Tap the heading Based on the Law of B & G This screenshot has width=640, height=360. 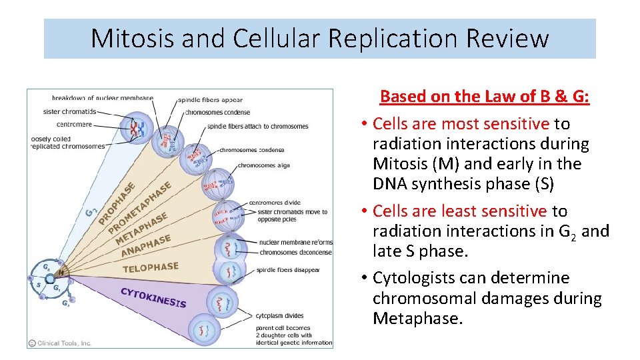pyautogui.click(x=485, y=97)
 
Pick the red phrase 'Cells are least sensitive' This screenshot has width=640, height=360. pyautogui.click(x=460, y=211)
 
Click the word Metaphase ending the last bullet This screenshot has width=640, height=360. pyautogui.click(x=417, y=319)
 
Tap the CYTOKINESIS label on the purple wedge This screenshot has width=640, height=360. pyautogui.click(x=153, y=297)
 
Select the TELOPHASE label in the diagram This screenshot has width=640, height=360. pyautogui.click(x=151, y=268)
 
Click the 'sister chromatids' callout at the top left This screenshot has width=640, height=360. pyautogui.click(x=69, y=111)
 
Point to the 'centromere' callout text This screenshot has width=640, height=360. pyautogui.click(x=74, y=124)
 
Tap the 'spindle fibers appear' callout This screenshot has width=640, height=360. pyautogui.click(x=209, y=100)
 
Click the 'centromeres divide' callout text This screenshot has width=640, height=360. pyautogui.click(x=274, y=202)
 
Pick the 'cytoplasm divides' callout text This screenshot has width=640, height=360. pyautogui.click(x=280, y=316)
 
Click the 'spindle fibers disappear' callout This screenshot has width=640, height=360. pyautogui.click(x=289, y=270)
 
